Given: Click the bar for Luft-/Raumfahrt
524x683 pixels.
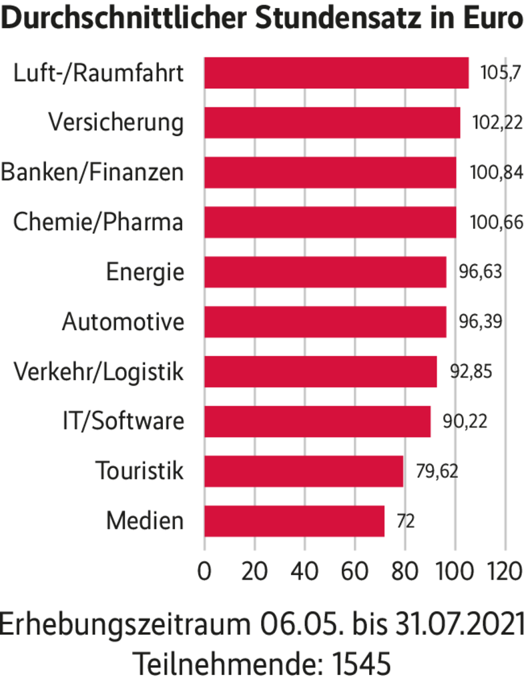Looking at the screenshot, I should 336,73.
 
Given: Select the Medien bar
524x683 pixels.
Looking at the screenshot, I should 294,521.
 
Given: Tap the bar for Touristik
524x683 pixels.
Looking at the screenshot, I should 303,471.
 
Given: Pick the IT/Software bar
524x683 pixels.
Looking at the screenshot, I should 317,422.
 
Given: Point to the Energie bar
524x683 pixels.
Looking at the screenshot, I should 324,272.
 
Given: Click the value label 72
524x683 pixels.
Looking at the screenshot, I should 405,521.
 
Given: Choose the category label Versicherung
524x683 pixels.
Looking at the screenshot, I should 116,123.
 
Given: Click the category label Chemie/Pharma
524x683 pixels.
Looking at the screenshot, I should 98,222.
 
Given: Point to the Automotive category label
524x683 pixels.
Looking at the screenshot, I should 123,321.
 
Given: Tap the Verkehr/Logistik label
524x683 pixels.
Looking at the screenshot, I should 98,372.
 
